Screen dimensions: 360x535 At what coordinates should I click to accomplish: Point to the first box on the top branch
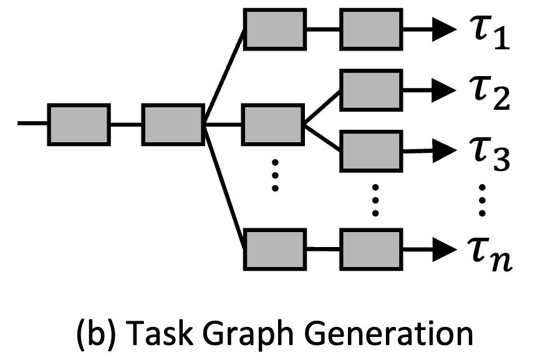tap(274, 29)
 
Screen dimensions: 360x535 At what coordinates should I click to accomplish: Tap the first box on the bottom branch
tap(274, 248)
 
